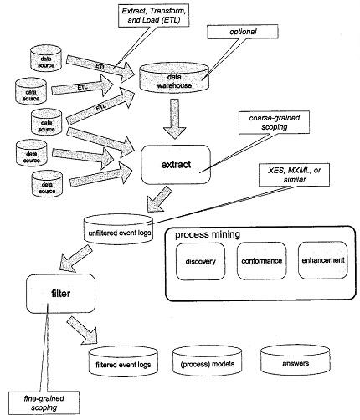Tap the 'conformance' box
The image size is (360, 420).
point(262,264)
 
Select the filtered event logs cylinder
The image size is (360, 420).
point(122,362)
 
